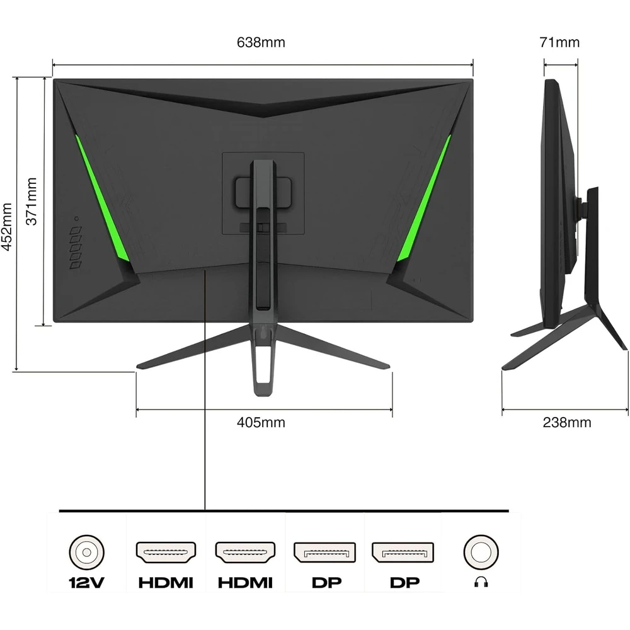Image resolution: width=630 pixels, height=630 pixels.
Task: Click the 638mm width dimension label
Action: point(261,42)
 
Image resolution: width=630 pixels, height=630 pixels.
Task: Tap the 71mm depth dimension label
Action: point(559,42)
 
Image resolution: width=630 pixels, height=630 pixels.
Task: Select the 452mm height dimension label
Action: point(7,227)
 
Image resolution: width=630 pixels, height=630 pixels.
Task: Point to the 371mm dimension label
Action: point(31,201)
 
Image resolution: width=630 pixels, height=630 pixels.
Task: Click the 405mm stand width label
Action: point(261,422)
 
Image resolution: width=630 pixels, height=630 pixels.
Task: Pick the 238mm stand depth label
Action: point(567,422)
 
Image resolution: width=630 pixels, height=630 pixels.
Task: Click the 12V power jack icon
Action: point(86,552)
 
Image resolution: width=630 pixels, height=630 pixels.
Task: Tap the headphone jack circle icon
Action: point(481,552)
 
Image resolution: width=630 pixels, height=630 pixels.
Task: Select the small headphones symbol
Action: point(481,581)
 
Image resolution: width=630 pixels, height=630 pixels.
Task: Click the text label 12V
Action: point(86,582)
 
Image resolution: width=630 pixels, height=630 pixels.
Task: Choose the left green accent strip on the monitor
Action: point(102,198)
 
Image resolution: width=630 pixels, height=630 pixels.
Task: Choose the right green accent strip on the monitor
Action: point(423,198)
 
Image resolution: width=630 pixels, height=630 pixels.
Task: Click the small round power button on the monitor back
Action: point(76,219)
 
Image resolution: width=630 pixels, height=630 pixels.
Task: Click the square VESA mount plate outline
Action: point(263,193)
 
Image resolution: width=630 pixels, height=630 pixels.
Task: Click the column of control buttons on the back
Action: point(76,248)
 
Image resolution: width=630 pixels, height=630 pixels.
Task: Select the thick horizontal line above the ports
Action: point(284,511)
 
